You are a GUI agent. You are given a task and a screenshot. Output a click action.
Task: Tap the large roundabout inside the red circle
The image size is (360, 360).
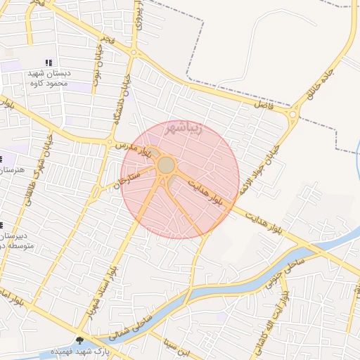[167, 165]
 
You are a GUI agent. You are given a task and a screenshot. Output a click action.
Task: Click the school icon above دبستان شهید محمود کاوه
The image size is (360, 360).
[48, 63]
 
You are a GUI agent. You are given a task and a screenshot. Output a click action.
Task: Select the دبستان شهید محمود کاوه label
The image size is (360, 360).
[51, 78]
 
